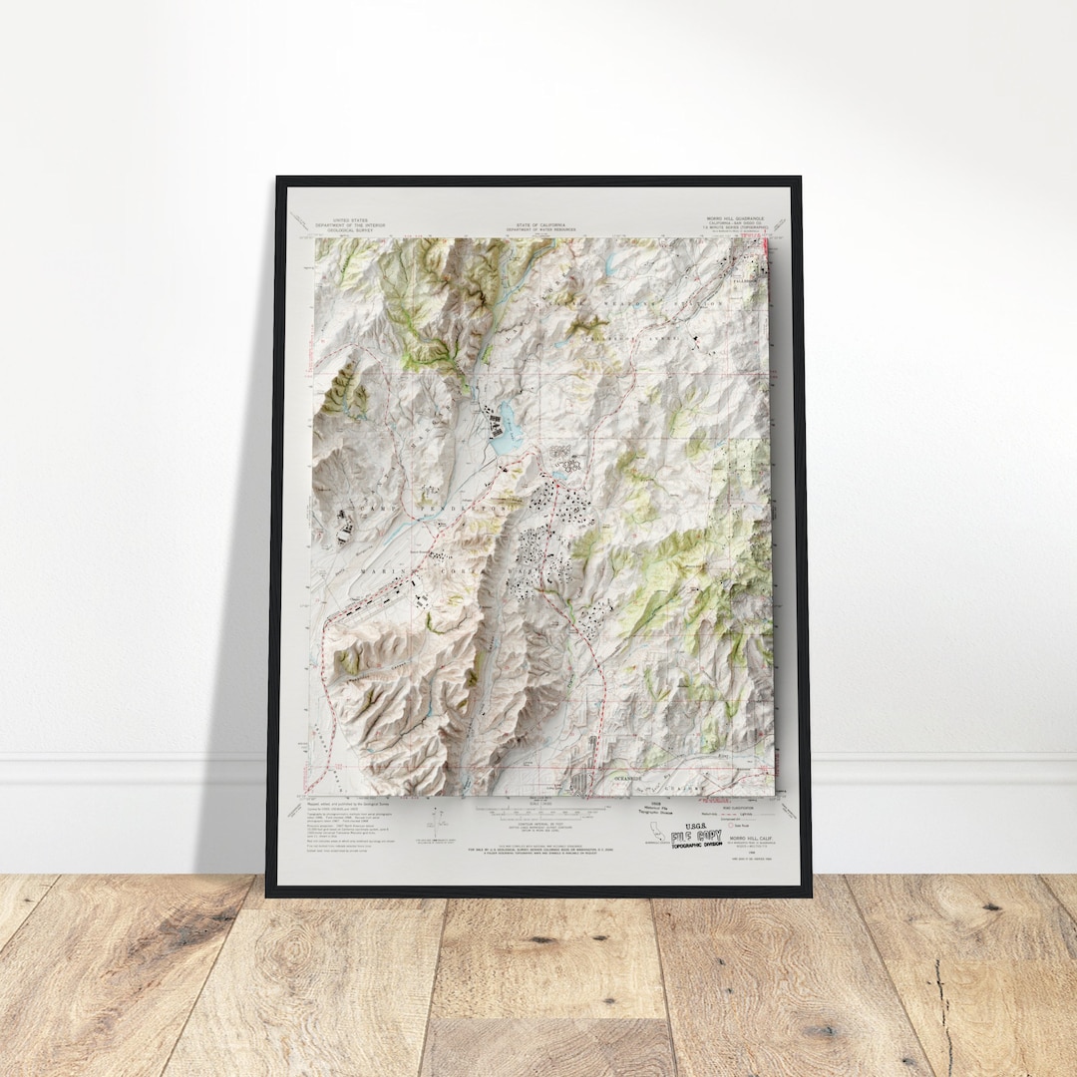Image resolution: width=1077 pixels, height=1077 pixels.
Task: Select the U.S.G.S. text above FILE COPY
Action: [695, 823]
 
